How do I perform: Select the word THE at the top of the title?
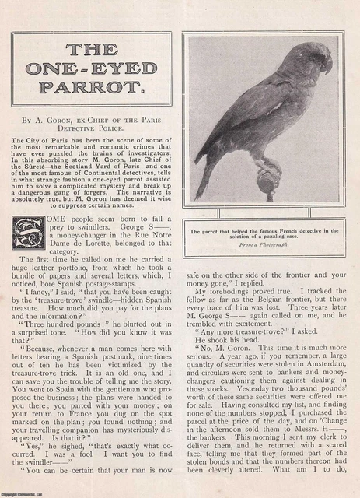89,48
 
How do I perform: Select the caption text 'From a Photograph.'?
264,242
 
